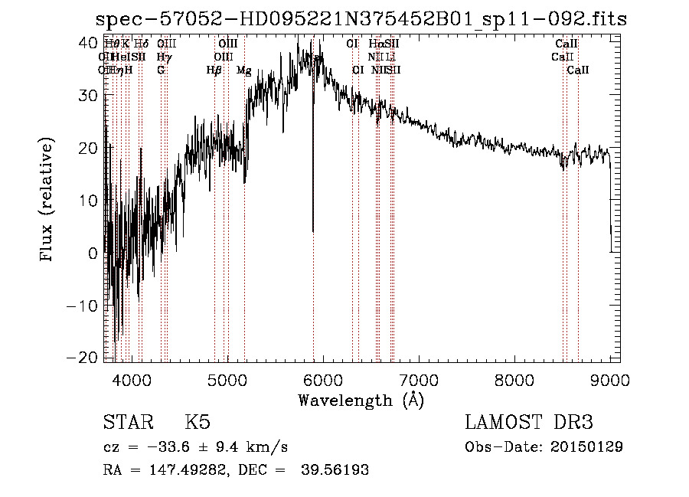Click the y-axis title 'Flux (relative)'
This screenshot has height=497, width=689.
tap(47, 200)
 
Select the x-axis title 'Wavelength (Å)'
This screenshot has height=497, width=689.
tap(361, 400)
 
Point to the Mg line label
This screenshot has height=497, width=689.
tap(244, 70)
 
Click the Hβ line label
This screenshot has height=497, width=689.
tap(214, 70)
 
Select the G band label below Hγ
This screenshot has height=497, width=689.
tap(161, 70)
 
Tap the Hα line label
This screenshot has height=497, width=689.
tap(375, 44)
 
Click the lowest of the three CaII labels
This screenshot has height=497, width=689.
tap(578, 70)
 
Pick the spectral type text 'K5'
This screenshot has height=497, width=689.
tap(198, 423)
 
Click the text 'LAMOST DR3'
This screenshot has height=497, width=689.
tap(529, 423)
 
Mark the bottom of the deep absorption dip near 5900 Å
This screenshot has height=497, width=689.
tap(312, 231)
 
